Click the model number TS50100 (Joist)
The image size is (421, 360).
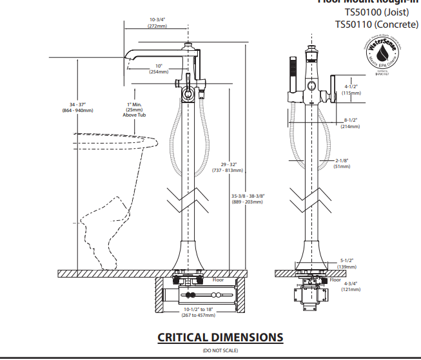pyautogui.click(x=377, y=12)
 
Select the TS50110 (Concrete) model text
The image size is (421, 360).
pyautogui.click(x=373, y=24)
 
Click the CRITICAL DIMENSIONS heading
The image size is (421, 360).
pyautogui.click(x=220, y=337)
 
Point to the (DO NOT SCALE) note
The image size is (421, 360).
pyautogui.click(x=220, y=350)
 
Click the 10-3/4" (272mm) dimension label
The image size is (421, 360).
pyautogui.click(x=157, y=23)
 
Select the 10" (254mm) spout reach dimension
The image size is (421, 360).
pyautogui.click(x=159, y=69)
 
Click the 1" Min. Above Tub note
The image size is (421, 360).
pyautogui.click(x=134, y=109)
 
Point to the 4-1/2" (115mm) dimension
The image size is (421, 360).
pyautogui.click(x=351, y=90)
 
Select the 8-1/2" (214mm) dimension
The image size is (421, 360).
pyautogui.click(x=351, y=124)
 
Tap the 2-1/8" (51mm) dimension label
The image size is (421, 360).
pyautogui.click(x=342, y=163)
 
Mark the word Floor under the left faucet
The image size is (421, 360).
pyautogui.click(x=218, y=280)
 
